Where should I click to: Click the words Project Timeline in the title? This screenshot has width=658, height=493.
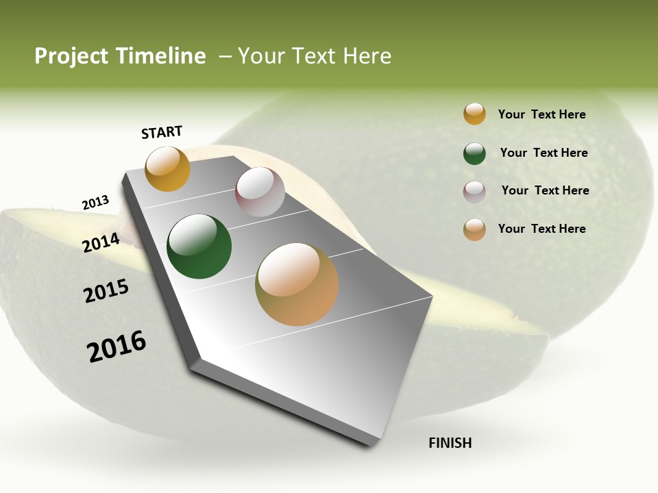(x=120, y=56)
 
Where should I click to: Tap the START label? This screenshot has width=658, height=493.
(x=162, y=132)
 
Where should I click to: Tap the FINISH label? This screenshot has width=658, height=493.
(x=450, y=443)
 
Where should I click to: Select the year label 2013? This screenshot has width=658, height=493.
(x=95, y=203)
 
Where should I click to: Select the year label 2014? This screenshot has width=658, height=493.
(x=101, y=242)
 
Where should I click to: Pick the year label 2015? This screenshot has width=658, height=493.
(x=106, y=291)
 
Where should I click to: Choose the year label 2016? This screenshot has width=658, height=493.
(x=117, y=346)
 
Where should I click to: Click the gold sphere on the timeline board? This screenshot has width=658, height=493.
(x=167, y=168)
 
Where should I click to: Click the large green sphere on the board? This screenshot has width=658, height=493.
(x=199, y=246)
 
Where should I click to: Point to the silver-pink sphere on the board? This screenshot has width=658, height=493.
(x=260, y=192)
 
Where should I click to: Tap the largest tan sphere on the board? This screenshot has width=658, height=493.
(x=297, y=284)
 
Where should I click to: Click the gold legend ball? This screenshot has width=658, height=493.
(x=474, y=114)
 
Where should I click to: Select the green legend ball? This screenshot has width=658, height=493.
(x=474, y=153)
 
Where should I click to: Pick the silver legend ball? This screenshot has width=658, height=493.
(x=474, y=192)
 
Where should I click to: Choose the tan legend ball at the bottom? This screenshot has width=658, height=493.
(x=474, y=229)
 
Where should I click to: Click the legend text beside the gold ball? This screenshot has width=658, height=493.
(x=541, y=114)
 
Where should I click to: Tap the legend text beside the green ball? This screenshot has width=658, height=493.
(x=544, y=153)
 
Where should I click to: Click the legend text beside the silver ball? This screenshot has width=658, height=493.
(x=545, y=190)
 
